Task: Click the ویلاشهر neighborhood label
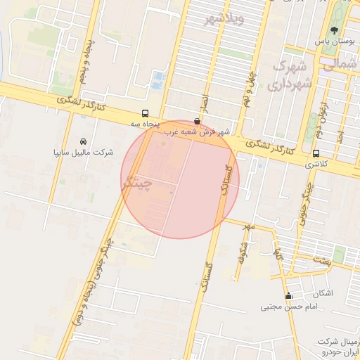coord(224,18)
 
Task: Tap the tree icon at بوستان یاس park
coord(334,31)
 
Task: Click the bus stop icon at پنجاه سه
coord(145,113)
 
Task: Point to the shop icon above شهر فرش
coord(196,121)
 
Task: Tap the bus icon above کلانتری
coord(316,153)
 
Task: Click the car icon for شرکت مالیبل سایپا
coord(84,141)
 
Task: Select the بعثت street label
coord(323,261)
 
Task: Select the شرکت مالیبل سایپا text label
coord(84,153)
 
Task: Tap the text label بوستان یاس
coord(333,42)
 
